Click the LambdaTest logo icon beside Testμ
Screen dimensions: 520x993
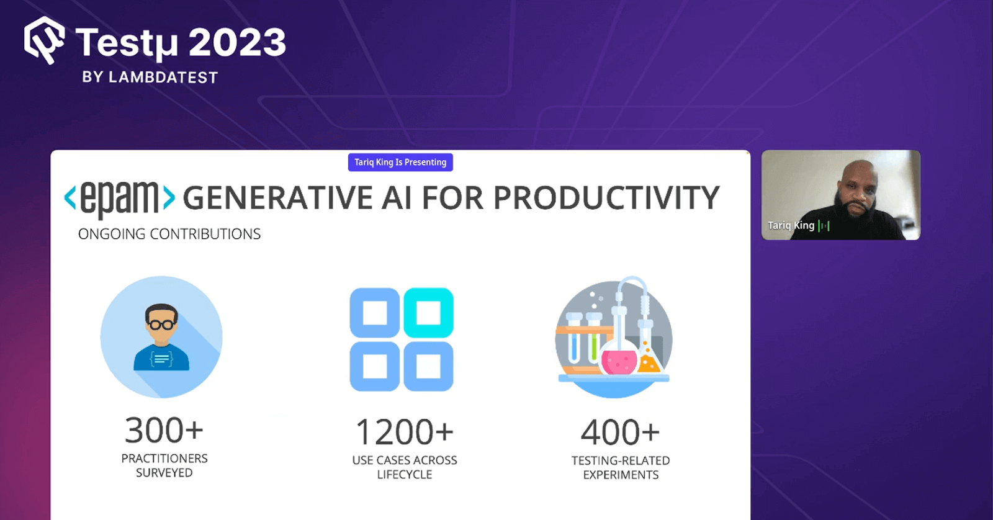click(44, 41)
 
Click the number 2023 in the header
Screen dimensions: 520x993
click(237, 43)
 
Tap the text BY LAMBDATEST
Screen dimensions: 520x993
click(150, 78)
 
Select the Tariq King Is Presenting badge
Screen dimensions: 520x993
click(400, 162)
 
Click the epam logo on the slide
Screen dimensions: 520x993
click(119, 198)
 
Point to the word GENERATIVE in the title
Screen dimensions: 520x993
click(277, 199)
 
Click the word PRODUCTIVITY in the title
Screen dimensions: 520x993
click(606, 199)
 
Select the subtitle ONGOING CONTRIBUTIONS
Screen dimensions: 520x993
click(169, 234)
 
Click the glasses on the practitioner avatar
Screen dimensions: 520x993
click(161, 324)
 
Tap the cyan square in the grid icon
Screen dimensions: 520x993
click(428, 313)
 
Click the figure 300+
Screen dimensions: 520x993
click(164, 430)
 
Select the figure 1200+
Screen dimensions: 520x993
click(405, 432)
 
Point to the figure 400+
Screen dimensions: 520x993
click(620, 432)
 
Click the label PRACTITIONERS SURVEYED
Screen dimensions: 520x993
click(164, 465)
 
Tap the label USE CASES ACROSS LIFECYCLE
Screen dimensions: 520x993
click(405, 467)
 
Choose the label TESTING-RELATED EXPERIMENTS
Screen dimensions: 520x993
click(621, 468)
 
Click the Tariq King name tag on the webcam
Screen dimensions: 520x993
click(791, 225)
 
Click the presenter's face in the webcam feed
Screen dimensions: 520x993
click(858, 192)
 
